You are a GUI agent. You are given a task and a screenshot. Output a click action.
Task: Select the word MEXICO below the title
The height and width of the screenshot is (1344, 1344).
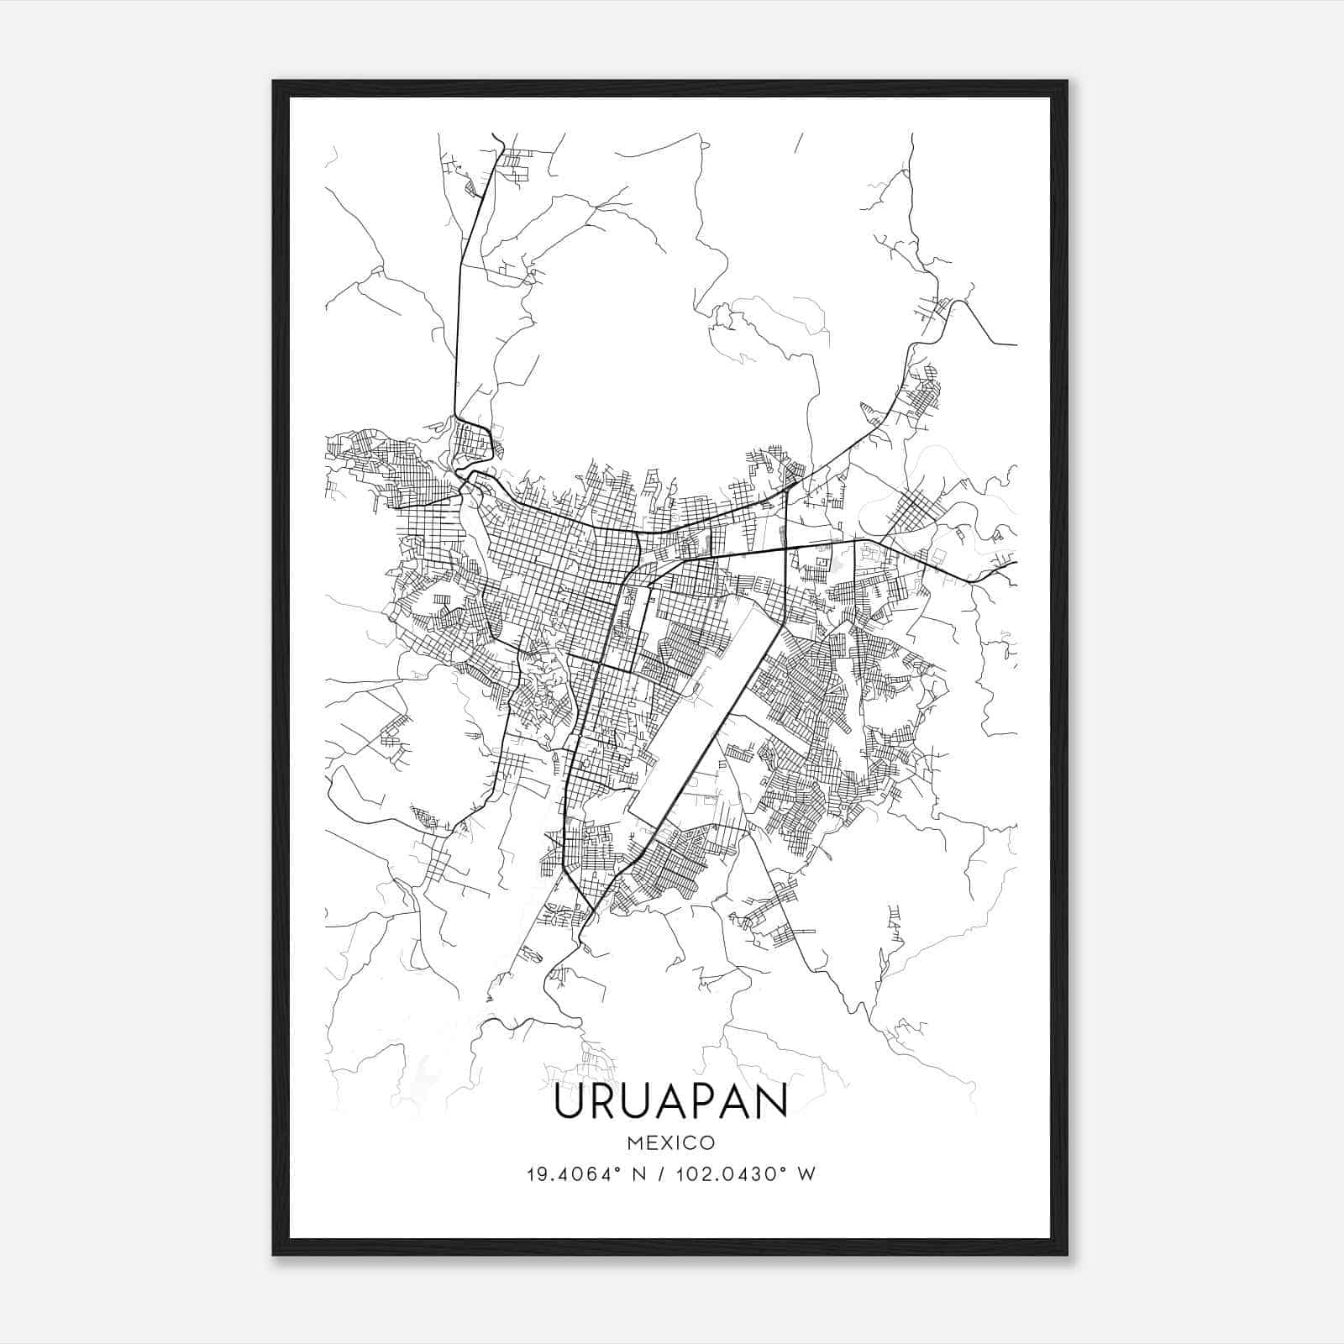(670, 1143)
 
